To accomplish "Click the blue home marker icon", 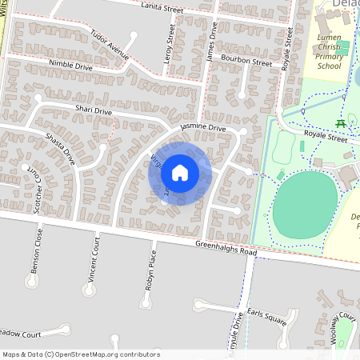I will (x=180, y=172).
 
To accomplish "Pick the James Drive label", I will (x=212, y=40).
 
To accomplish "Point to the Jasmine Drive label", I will (x=203, y=128).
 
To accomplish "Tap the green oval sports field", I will (x=304, y=205).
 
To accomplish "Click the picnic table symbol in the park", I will (x=342, y=123).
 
